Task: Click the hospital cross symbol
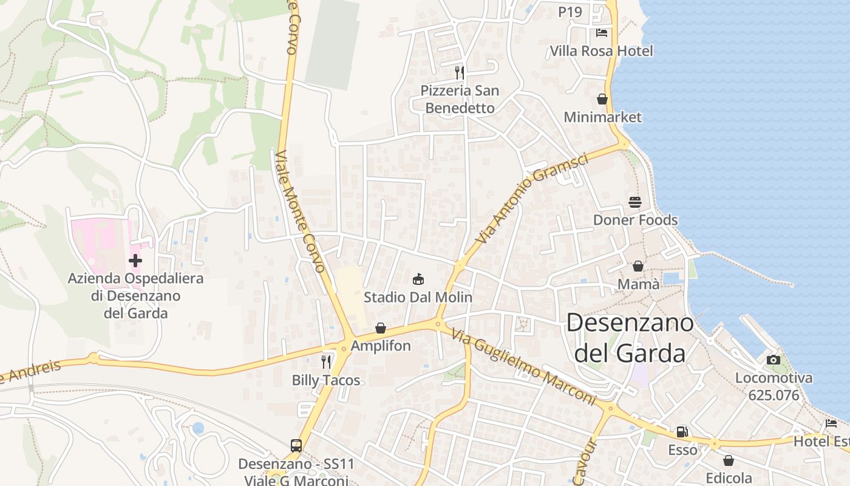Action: (x=135, y=261)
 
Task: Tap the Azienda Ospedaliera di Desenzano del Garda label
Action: (x=135, y=296)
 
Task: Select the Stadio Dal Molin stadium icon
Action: (x=418, y=279)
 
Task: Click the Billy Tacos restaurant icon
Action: (x=326, y=362)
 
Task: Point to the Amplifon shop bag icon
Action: (x=381, y=329)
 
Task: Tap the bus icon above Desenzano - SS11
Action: (x=296, y=446)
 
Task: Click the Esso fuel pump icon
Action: (x=682, y=432)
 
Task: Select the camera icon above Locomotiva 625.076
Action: (x=773, y=360)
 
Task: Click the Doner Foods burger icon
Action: (x=635, y=202)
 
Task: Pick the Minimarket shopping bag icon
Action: (x=602, y=99)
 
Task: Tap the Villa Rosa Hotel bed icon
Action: (x=602, y=32)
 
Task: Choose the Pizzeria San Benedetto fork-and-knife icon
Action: (x=460, y=72)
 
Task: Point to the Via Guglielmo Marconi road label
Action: (x=523, y=366)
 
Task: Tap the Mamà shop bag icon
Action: (x=638, y=266)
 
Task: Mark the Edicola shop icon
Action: (x=728, y=460)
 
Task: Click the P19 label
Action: (x=570, y=12)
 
